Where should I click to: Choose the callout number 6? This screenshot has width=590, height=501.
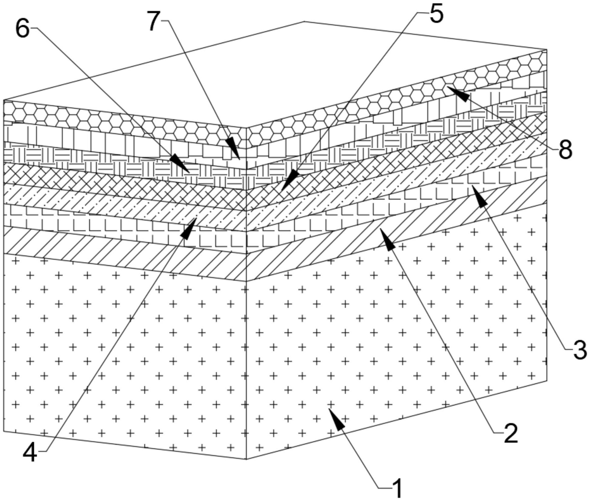[22, 30]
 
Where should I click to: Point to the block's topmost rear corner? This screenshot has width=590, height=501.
[304, 21]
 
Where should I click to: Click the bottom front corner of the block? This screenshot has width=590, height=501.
[246, 459]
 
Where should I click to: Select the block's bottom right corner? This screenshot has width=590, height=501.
[547, 380]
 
